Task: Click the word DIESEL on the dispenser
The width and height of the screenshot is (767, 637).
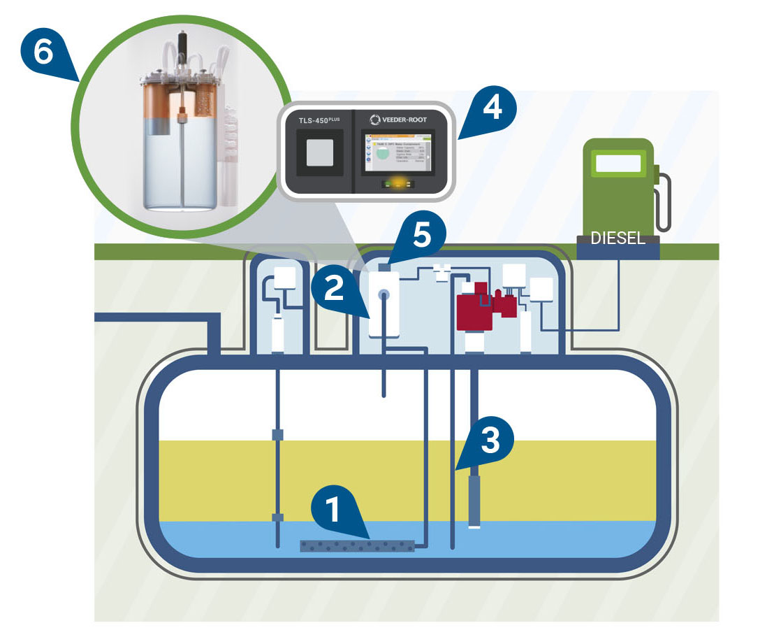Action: point(618,238)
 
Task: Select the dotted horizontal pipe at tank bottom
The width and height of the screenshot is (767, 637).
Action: point(357,546)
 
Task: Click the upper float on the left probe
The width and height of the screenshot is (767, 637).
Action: point(278,435)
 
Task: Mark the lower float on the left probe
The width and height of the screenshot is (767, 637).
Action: point(278,517)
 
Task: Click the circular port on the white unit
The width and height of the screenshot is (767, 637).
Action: point(383,296)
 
